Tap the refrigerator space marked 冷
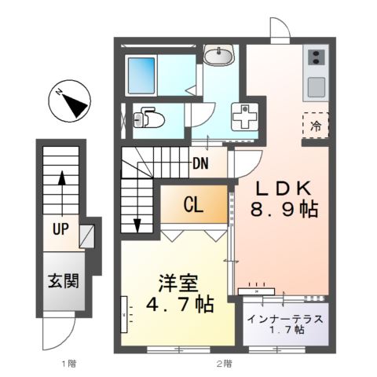coord(315,125)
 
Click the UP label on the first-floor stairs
coord(59,229)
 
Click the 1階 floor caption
coord(68,364)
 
